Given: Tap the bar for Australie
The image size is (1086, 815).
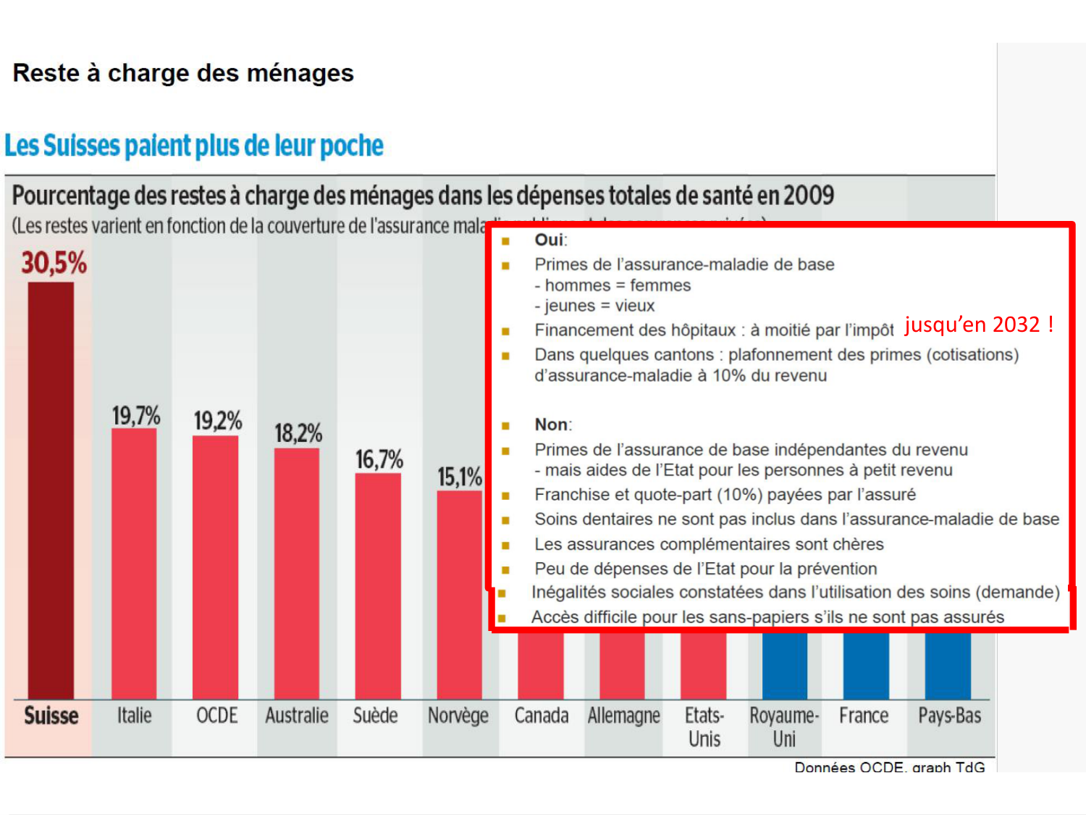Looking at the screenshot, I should [296, 572].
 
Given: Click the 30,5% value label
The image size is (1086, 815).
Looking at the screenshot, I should [54, 263].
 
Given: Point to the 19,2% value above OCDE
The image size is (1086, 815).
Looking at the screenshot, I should [217, 420].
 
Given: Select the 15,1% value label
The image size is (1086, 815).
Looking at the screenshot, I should [459, 477].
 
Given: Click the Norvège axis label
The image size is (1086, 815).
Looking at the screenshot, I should [458, 716].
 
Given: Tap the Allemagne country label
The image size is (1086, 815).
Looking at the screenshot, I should [623, 716].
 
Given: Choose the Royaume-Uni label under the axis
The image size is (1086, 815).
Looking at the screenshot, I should [784, 727].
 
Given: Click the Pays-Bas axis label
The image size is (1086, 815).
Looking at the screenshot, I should [949, 716].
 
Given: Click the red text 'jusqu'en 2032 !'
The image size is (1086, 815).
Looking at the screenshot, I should [978, 324].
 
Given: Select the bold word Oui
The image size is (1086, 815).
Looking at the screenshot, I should [549, 240].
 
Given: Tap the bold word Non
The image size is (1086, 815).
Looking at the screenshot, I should [551, 425].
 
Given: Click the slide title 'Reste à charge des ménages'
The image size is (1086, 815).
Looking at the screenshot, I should [183, 73].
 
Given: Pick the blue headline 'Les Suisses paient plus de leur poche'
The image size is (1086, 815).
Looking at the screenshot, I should [194, 146].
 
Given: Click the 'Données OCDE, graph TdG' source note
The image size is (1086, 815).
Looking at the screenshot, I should [889, 766].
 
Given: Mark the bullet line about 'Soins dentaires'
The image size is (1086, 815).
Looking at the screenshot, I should [796, 519].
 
